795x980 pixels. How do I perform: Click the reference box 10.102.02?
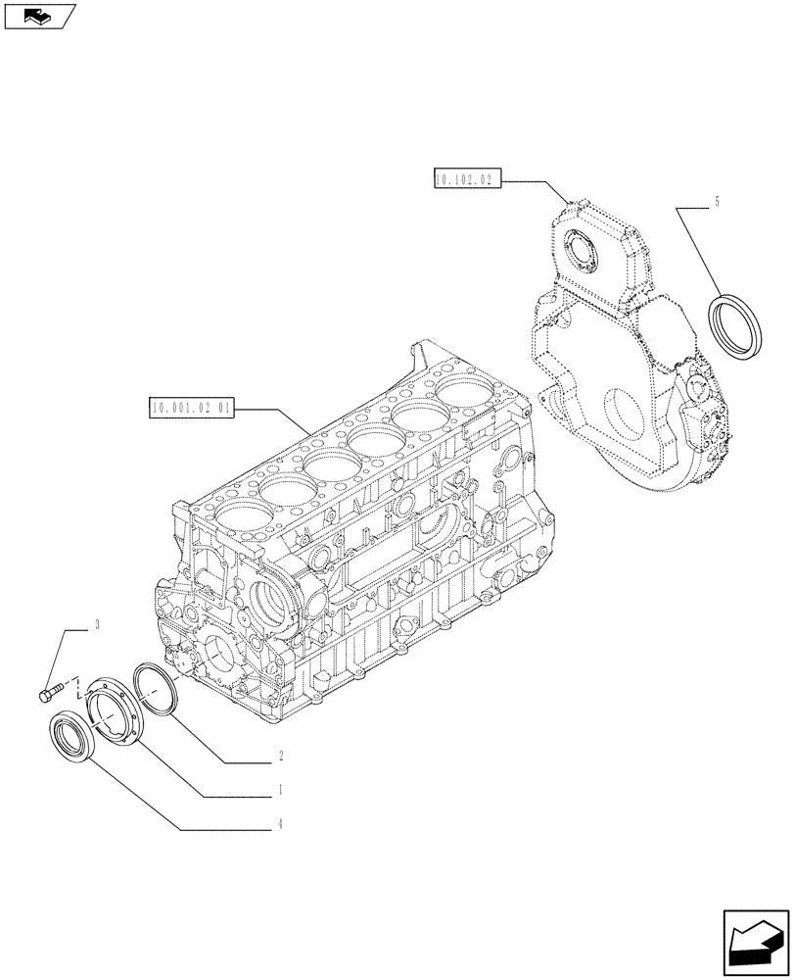tap(465, 178)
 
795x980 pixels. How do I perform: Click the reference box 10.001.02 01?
tap(192, 407)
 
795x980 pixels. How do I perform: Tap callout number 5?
tap(717, 202)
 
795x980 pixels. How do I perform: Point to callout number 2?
tap(281, 756)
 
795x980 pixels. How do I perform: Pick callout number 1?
tap(281, 788)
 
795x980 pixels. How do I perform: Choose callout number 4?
tap(281, 824)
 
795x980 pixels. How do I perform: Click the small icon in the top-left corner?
tap(38, 16)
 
